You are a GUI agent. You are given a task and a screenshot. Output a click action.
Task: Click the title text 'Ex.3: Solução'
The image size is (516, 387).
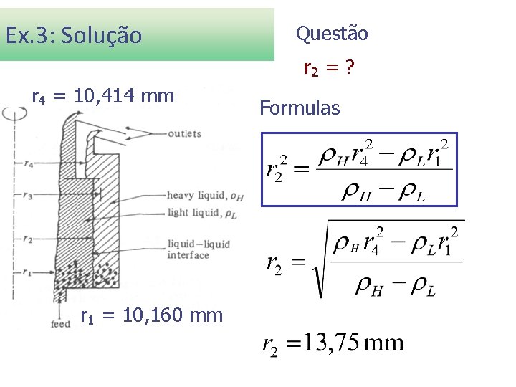point(74,34)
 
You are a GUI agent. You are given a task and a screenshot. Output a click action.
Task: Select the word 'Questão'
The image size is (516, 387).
point(332,33)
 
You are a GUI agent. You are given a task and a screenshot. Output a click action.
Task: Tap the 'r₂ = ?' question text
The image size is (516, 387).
point(330,69)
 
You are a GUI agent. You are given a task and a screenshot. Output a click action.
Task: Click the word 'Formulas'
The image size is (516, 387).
point(300,108)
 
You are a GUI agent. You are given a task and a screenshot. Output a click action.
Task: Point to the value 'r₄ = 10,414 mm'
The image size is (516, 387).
point(103,96)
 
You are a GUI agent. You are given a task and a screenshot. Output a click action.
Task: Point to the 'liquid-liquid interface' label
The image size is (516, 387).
point(199,249)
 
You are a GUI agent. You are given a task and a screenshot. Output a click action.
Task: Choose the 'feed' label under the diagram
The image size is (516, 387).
point(60,324)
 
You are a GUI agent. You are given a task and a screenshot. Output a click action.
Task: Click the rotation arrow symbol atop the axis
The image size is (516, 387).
point(13,113)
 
